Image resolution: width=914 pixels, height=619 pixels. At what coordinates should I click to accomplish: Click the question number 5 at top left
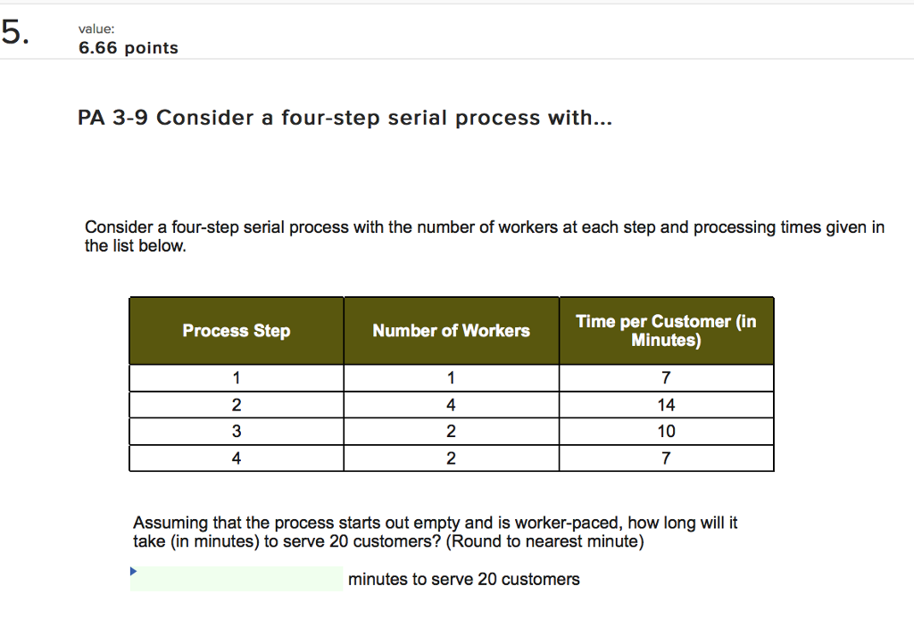pos(14,33)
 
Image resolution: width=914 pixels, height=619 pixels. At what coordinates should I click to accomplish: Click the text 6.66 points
pos(128,48)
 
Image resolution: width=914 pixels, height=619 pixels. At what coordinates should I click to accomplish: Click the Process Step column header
pos(237,331)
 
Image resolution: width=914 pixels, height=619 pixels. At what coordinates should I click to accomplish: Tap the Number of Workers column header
pos(451,331)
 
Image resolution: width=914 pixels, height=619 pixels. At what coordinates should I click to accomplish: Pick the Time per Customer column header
pos(666,331)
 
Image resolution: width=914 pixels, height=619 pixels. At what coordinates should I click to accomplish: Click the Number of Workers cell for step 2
pos(451,405)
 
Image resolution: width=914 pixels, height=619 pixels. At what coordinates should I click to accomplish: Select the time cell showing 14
pos(666,405)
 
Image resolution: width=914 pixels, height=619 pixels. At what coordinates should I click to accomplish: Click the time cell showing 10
pos(666,432)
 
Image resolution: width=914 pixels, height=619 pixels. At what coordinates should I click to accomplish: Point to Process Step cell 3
pos(237,432)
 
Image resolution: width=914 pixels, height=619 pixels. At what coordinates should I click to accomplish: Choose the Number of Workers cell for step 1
pos(451,378)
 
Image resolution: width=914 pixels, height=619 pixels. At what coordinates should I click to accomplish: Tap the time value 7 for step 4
pos(666,458)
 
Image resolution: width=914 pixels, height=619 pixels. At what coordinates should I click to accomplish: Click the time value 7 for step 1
pos(666,378)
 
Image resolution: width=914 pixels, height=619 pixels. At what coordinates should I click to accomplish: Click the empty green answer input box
pos(237,579)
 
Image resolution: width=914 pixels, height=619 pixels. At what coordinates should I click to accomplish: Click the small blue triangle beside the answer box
pos(134,570)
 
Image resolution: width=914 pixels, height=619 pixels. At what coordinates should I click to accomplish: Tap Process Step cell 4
pos(237,458)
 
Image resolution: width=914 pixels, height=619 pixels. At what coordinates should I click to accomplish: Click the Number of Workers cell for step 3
pos(451,432)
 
